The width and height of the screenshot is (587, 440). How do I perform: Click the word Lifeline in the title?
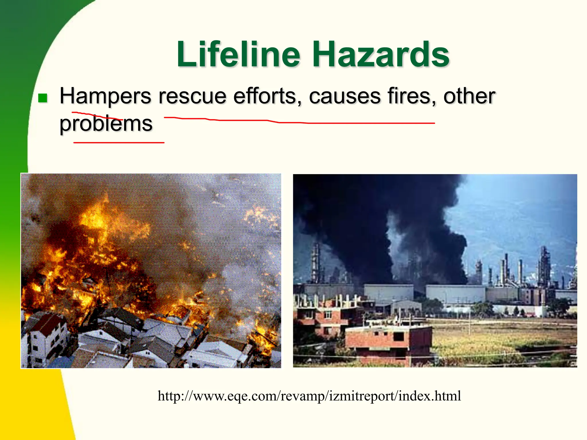coord(238,54)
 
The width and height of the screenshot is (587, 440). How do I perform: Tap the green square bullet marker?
coord(43,98)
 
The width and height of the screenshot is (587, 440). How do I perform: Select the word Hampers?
coord(105,96)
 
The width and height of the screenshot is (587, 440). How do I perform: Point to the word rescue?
coord(192,96)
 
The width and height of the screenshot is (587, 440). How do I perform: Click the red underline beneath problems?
coord(119,142)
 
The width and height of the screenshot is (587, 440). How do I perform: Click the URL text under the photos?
coord(309,396)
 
